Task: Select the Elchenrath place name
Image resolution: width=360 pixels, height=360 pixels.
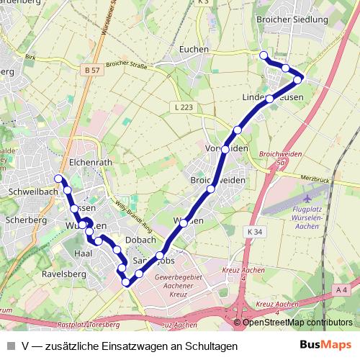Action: (91, 163)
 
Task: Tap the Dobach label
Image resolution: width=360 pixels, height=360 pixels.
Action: (140, 240)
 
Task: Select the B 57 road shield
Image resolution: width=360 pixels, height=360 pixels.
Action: (91, 70)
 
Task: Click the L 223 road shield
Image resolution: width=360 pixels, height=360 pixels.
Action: (184, 107)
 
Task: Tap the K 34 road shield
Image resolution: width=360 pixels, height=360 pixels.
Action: (254, 232)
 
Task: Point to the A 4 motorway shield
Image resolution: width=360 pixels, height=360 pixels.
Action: (341, 289)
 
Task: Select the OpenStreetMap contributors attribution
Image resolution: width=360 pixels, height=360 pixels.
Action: (297, 322)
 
